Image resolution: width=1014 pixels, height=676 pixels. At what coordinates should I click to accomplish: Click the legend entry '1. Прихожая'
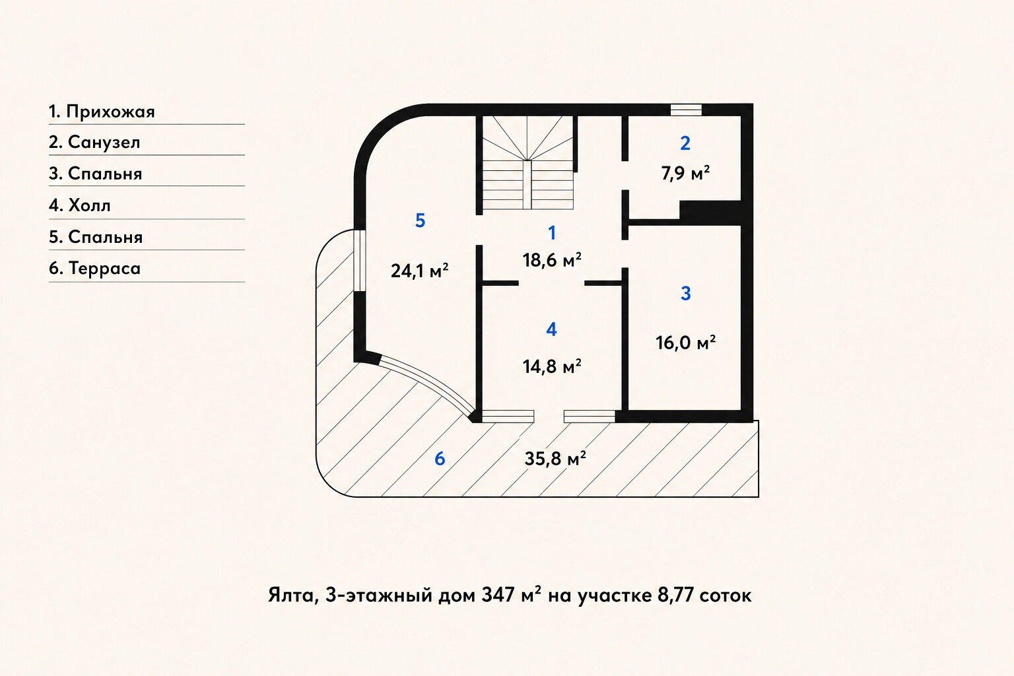pyautogui.click(x=102, y=112)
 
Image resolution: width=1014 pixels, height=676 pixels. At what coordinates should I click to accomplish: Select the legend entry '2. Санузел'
pyautogui.click(x=94, y=142)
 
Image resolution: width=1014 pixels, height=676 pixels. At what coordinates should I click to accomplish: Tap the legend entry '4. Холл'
pyautogui.click(x=80, y=205)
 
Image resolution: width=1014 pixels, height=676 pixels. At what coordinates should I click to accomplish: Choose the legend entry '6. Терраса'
pyautogui.click(x=94, y=268)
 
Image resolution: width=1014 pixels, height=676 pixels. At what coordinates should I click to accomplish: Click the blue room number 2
pyautogui.click(x=685, y=143)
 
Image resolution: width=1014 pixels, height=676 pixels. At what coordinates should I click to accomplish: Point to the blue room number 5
pyautogui.click(x=420, y=220)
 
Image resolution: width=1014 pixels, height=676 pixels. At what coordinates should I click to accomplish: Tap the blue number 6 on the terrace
pyautogui.click(x=440, y=459)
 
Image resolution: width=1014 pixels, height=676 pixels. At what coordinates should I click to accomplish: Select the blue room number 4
pyautogui.click(x=551, y=329)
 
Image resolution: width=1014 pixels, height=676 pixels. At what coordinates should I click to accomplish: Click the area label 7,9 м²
pyautogui.click(x=685, y=174)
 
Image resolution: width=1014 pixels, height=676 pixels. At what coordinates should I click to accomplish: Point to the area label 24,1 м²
pyautogui.click(x=420, y=271)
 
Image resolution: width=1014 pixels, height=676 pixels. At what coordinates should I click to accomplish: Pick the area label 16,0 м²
pyautogui.click(x=685, y=343)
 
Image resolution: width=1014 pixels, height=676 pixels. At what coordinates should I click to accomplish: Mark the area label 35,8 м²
pyautogui.click(x=555, y=459)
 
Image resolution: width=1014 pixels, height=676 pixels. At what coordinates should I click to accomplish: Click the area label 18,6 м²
pyautogui.click(x=552, y=260)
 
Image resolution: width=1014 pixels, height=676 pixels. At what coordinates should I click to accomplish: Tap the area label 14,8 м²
pyautogui.click(x=552, y=366)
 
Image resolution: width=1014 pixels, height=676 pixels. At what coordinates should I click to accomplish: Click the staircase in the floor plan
pyautogui.click(x=528, y=162)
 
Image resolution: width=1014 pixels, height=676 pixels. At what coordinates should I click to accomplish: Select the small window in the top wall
pyautogui.click(x=686, y=110)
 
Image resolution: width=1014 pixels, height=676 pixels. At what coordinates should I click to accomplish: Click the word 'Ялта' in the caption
pyautogui.click(x=290, y=596)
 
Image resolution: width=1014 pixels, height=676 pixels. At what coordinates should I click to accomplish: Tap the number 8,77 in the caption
pyautogui.click(x=675, y=595)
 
